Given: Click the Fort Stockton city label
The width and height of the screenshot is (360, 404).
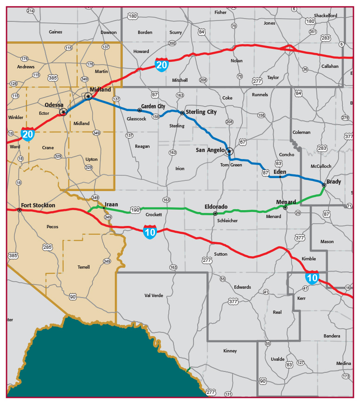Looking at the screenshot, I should coord(38,205).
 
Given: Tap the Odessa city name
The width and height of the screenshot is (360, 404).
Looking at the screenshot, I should coord(54,105).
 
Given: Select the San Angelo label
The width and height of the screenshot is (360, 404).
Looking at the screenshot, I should coord(210,150).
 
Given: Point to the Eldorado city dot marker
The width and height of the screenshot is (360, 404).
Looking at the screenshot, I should coord(215,213).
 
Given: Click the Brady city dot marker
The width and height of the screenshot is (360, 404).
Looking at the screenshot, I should coord(324,185).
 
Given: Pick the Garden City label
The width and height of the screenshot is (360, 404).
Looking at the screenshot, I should coord(153,106).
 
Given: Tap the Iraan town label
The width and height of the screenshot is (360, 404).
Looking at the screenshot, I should coord(112,204).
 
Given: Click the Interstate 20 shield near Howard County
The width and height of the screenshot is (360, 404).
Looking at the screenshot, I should coord(161,64).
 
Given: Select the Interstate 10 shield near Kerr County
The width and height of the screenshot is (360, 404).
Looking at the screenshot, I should coord(312,278).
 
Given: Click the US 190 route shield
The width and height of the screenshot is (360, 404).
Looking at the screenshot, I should coord(135,210).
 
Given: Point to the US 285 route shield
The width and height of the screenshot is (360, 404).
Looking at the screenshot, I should coord(47,247).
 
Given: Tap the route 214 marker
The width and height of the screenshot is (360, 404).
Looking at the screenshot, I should coord(31,11).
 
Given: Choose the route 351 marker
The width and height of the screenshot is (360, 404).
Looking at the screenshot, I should coord(313,32).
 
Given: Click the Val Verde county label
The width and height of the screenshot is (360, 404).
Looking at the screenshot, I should coord(153,295).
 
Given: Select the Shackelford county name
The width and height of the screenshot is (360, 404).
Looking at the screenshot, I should coord(325,15).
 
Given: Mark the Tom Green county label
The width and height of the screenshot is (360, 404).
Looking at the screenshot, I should coord(231,165).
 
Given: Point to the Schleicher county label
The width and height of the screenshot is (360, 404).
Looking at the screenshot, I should coord(227,220).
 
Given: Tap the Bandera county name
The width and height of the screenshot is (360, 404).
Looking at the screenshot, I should coord(332,336).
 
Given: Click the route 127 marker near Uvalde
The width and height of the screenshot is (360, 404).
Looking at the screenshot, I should coord(300,362).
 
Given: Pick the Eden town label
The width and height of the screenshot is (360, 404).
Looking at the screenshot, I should coord(280,172).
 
